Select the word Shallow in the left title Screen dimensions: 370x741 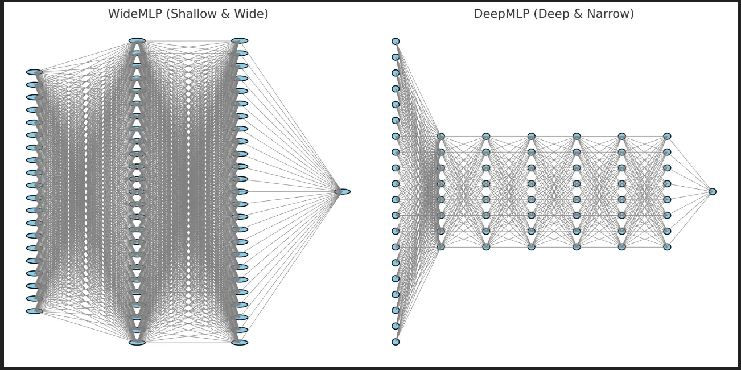[191, 14]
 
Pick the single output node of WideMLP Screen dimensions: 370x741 [342, 192]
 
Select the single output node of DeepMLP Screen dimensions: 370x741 [712, 192]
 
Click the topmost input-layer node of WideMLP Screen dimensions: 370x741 [34, 72]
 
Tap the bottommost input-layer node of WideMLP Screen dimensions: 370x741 [34, 311]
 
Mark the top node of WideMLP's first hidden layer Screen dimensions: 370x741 [137, 41]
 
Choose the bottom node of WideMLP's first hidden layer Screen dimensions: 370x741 [137, 343]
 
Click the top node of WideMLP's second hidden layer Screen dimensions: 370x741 [240, 41]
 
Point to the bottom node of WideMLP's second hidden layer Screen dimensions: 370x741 [240, 343]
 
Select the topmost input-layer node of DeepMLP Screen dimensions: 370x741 [396, 42]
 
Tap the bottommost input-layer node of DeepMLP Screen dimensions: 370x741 [396, 342]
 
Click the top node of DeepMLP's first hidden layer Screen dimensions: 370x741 [441, 137]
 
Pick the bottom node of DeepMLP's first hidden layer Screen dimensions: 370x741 [441, 247]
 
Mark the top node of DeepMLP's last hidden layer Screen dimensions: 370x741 [667, 137]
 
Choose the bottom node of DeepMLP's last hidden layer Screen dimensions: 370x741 [667, 247]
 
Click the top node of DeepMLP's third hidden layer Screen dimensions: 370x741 [531, 137]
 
